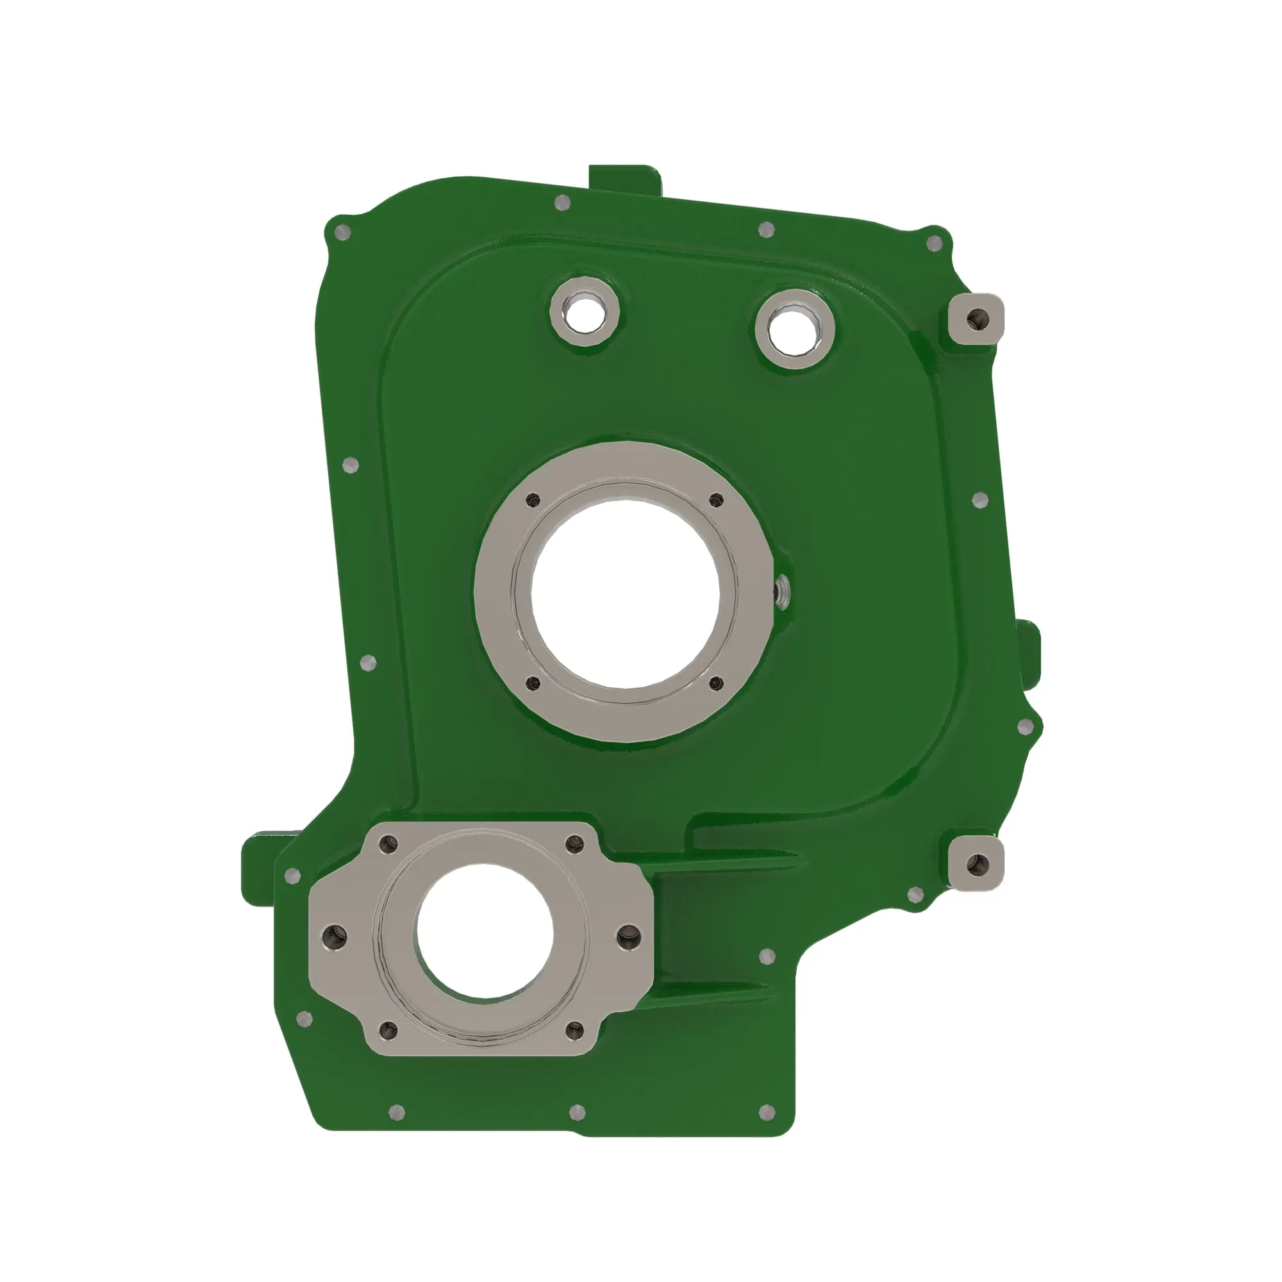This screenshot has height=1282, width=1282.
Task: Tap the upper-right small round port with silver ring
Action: pyautogui.click(x=794, y=328)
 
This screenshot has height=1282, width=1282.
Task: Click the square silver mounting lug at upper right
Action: pyautogui.click(x=976, y=320)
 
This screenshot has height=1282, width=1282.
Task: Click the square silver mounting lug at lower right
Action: pyautogui.click(x=976, y=864)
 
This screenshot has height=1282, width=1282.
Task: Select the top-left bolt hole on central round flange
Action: pyautogui.click(x=533, y=501)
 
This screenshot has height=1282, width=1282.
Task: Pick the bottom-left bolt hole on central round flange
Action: pyautogui.click(x=533, y=682)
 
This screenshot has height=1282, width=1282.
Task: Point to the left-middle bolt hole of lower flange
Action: pyautogui.click(x=334, y=937)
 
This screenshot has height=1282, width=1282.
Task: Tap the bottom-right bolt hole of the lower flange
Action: pyautogui.click(x=574, y=1031)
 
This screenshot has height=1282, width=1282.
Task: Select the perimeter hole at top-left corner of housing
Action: pyautogui.click(x=343, y=232)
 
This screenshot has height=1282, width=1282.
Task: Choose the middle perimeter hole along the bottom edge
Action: pyautogui.click(x=578, y=1111)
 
